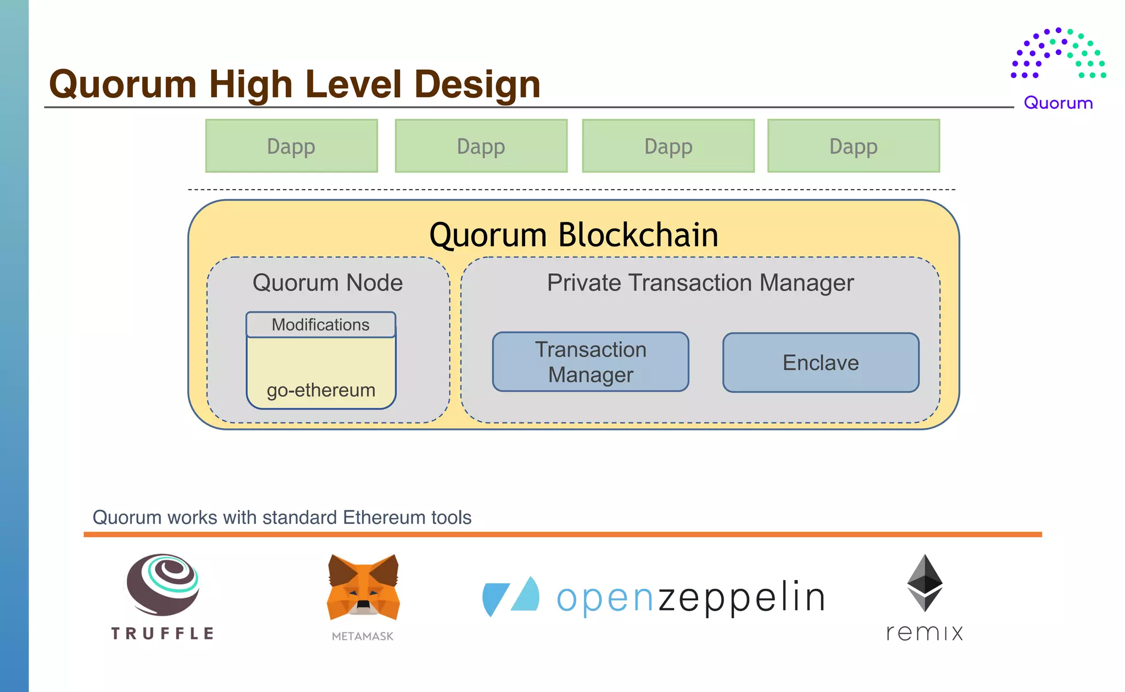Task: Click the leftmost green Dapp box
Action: pos(291,146)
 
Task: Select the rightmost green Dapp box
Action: pos(853,146)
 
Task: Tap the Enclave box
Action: pos(820,362)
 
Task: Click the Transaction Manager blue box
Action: pos(591,362)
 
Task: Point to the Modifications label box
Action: pos(321,325)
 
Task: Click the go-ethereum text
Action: pos(321,390)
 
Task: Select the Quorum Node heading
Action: pos(327,283)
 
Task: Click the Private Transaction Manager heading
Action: pos(700,283)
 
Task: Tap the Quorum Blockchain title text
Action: pos(573,235)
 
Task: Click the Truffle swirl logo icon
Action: pos(163,584)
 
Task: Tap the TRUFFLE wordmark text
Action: pos(162,633)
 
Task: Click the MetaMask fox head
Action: pos(363,588)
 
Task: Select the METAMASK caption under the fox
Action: pos(363,636)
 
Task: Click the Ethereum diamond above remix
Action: pos(924,583)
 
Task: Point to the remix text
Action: pos(924,633)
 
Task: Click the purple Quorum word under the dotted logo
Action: pos(1058,103)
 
